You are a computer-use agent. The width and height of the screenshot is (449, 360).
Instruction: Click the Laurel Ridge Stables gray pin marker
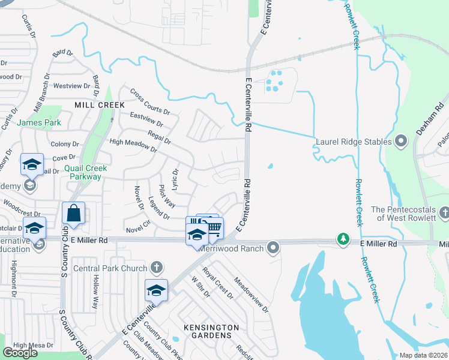click(402, 142)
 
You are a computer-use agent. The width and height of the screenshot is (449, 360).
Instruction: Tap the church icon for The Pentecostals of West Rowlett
click(444, 212)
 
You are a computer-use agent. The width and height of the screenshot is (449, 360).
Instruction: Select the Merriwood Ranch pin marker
click(274, 247)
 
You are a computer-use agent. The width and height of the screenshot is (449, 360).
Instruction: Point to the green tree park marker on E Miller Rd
click(343, 238)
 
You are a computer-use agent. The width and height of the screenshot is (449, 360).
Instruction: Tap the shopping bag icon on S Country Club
click(73, 213)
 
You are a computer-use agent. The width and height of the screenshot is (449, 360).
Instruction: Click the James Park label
click(39, 122)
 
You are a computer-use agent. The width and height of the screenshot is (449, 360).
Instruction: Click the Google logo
click(20, 353)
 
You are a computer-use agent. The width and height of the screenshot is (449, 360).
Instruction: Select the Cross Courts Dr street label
click(150, 101)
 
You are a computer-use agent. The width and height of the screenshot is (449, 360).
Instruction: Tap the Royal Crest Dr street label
click(218, 283)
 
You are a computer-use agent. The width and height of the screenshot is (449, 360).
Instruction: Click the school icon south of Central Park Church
click(156, 290)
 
